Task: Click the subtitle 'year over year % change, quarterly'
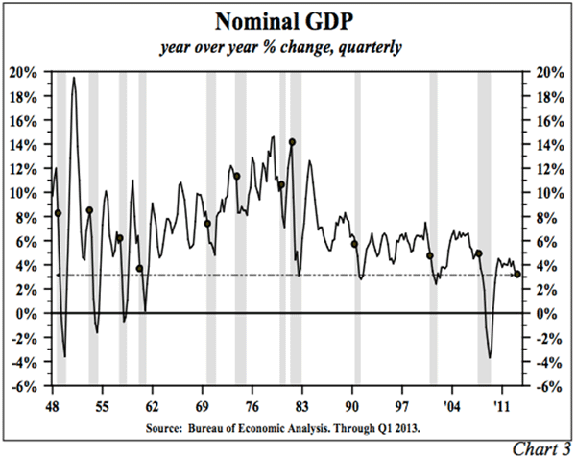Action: pyautogui.click(x=287, y=47)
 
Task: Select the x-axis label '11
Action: pyautogui.click(x=501, y=404)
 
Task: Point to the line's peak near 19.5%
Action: pyautogui.click(x=74, y=78)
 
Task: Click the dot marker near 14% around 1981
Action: pyautogui.click(x=291, y=142)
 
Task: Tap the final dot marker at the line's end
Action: pyautogui.click(x=518, y=275)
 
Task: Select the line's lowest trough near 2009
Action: pyautogui.click(x=490, y=358)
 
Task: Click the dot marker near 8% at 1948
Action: pyautogui.click(x=58, y=213)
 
